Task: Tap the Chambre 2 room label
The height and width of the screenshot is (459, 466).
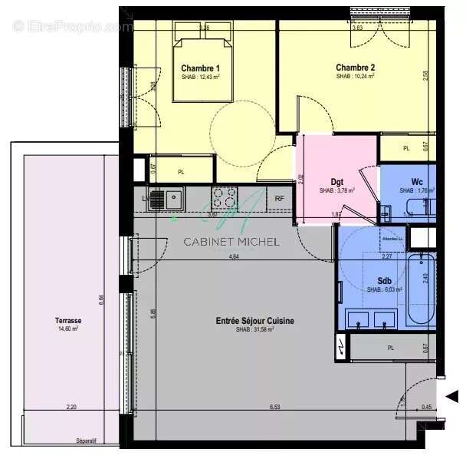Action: pos(355,68)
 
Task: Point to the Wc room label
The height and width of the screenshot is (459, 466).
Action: pos(417,182)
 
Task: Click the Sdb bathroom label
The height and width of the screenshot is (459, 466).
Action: pos(386,281)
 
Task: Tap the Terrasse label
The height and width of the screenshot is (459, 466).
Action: pos(69,321)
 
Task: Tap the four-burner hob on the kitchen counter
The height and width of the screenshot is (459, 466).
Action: pos(225,198)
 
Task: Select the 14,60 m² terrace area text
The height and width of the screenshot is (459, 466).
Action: pos(68,329)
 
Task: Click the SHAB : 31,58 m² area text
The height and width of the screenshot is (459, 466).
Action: pos(254,329)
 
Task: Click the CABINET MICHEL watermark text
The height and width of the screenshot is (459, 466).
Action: pos(231,242)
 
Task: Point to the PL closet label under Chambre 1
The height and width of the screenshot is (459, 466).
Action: pos(181,172)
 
